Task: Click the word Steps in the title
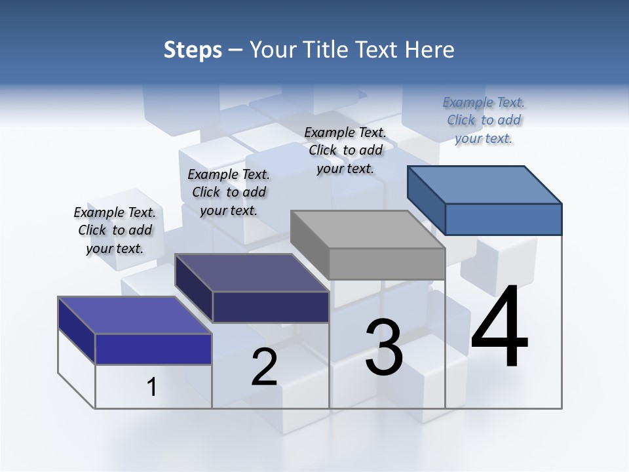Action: pos(193,50)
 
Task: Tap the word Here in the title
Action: pos(429,50)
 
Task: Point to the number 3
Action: pos(384,348)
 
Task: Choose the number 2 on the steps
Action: pos(265,367)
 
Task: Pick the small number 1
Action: pos(152,387)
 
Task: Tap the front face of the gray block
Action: pos(387,264)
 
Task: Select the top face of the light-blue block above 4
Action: pos(485,184)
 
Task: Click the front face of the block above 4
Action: pos(503,219)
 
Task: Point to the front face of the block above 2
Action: pos(271,307)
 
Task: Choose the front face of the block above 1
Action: pos(153,349)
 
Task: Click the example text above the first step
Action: pos(115,230)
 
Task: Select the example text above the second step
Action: pos(229,192)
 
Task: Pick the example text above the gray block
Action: pos(345,150)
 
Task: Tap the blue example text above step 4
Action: pos(484,120)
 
